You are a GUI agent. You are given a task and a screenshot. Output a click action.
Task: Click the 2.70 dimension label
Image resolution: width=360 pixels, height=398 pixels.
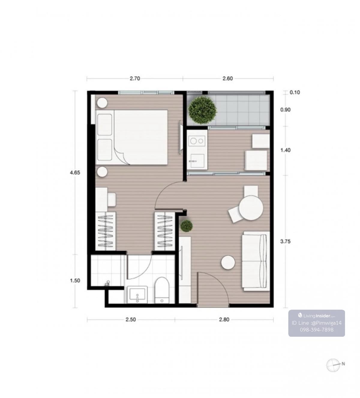135,79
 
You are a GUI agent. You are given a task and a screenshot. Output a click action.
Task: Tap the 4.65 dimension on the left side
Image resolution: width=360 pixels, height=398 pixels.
75,173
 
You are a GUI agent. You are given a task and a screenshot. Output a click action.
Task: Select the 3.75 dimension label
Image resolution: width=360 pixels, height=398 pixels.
286,242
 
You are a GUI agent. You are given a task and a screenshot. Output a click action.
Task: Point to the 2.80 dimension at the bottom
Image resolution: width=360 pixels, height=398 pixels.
224,320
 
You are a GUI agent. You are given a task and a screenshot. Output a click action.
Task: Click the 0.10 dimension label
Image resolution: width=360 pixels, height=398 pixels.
295,93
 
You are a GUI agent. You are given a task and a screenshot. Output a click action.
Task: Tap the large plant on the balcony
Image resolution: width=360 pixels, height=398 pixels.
202,110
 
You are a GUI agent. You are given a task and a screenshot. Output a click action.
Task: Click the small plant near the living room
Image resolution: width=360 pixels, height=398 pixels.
186,226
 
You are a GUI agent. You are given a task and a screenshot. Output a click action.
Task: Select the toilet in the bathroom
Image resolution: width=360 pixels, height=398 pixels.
162,290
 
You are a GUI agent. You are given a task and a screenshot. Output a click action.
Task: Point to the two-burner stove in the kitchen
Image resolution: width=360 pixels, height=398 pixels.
197,141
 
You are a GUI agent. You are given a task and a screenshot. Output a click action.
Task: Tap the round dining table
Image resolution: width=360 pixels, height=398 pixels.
251,208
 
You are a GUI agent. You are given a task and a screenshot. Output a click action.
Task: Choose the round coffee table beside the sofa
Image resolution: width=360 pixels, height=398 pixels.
228,262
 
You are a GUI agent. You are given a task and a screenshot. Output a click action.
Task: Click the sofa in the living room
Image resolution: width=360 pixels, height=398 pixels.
256,261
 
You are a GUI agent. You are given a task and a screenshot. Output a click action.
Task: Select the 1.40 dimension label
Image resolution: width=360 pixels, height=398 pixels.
286,150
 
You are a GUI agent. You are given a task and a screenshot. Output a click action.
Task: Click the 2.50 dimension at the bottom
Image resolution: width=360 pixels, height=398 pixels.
130,320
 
